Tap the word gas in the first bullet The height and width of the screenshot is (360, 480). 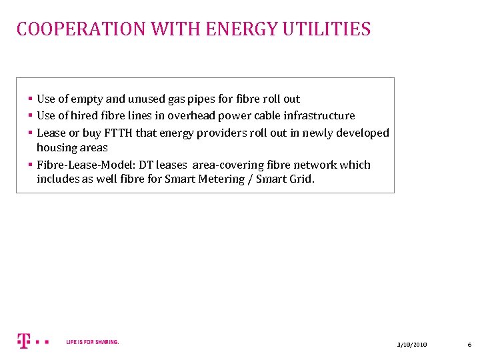pyautogui.click(x=177, y=99)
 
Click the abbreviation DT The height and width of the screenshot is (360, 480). pyautogui.click(x=147, y=165)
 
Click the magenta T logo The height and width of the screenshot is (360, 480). pyautogui.click(x=24, y=341)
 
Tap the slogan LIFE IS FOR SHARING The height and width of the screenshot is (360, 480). pyautogui.click(x=93, y=342)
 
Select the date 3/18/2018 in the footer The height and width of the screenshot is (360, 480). pyautogui.click(x=412, y=344)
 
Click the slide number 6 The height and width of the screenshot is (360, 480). pyautogui.click(x=469, y=344)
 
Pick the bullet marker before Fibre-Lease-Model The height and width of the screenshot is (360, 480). pyautogui.click(x=31, y=165)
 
